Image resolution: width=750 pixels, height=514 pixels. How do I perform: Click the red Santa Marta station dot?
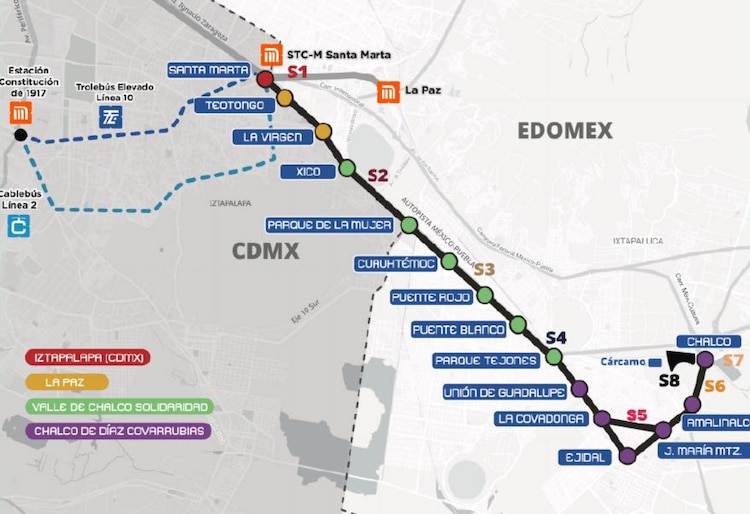265,79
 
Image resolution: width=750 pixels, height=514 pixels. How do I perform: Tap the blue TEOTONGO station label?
235,105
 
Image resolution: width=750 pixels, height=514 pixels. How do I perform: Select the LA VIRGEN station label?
266,137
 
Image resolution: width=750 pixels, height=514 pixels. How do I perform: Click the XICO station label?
308,172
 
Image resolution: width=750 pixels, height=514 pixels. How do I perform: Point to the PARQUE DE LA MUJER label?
328,225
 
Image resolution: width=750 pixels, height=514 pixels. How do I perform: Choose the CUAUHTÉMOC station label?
396,264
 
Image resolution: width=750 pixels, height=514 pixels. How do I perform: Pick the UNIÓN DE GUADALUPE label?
503,392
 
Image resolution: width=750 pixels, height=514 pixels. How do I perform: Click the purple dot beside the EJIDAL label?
627,456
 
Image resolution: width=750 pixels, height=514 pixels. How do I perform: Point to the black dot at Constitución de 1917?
20,135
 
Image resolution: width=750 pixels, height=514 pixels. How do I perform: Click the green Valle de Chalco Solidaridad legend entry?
120,407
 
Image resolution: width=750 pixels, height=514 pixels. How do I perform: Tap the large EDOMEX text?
564,130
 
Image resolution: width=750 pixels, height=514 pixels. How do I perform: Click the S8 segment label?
669,380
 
